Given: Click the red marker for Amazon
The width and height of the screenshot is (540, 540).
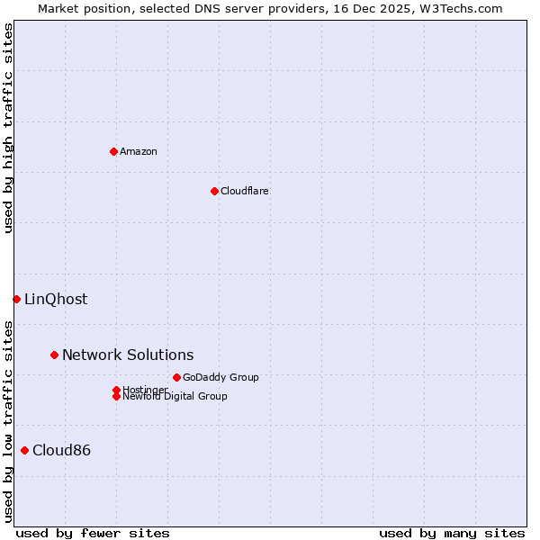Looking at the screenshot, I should pyautogui.click(x=113, y=151).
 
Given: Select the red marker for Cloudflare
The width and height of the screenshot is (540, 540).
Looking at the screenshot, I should pyautogui.click(x=214, y=191).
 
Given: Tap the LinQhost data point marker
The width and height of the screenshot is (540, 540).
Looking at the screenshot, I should pyautogui.click(x=16, y=299).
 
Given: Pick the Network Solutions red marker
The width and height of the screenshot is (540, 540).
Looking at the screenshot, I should pyautogui.click(x=54, y=355).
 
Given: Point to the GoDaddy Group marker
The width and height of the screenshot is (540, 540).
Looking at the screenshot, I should pyautogui.click(x=176, y=377).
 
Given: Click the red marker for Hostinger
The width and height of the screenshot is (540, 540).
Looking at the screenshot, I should pyautogui.click(x=116, y=390).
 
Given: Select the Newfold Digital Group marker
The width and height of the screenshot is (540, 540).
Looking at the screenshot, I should pyautogui.click(x=116, y=397).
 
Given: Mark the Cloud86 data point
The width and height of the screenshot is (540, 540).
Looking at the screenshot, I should pyautogui.click(x=24, y=450).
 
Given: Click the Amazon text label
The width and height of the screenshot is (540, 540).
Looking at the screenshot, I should pyautogui.click(x=139, y=151).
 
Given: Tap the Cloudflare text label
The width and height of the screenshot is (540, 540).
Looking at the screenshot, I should pyautogui.click(x=244, y=191).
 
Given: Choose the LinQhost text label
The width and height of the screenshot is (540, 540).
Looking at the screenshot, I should pyautogui.click(x=56, y=299).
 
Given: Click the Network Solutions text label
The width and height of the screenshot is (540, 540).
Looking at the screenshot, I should pyautogui.click(x=128, y=355).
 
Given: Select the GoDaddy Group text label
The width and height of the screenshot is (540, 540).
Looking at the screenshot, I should pyautogui.click(x=220, y=377).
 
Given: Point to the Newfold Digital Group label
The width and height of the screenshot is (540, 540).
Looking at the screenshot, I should pyautogui.click(x=175, y=397).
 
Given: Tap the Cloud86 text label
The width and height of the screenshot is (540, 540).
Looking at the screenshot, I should pyautogui.click(x=61, y=450).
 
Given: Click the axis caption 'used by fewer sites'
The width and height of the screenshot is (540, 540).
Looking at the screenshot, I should pyautogui.click(x=93, y=533).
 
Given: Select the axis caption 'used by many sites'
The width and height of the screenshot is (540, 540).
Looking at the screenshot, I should pyautogui.click(x=452, y=533).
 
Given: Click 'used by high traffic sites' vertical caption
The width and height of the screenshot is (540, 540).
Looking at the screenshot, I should pyautogui.click(x=8, y=128).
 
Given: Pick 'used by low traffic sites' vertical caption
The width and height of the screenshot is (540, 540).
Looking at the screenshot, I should pyautogui.click(x=8, y=421).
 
